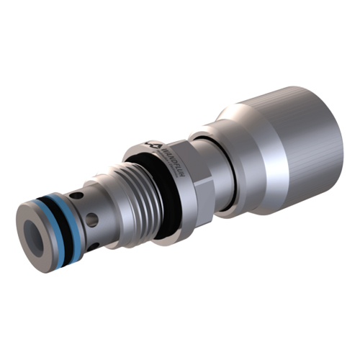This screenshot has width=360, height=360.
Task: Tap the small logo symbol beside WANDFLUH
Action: coord(152,145)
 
